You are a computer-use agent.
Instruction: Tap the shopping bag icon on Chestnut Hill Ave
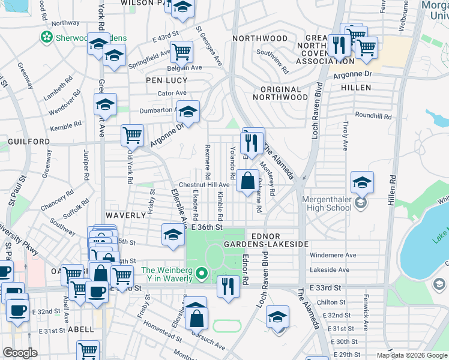(247, 180)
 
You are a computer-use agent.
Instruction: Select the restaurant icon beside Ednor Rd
(228, 287)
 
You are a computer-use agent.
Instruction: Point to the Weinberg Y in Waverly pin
(202, 276)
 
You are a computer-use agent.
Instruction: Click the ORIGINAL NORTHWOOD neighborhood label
(280, 97)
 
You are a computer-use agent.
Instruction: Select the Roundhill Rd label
(373, 116)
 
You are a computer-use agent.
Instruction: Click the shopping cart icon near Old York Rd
(132, 134)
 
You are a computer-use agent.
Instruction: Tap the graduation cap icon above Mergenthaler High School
(362, 182)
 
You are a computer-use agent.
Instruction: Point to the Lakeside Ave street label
(330, 270)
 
